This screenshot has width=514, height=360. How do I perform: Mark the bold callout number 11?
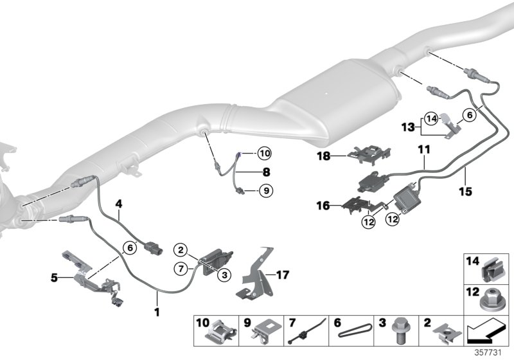click(422, 149)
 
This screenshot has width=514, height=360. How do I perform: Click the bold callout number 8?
click(247, 172)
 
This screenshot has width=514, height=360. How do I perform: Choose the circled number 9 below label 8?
click(265, 190)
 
